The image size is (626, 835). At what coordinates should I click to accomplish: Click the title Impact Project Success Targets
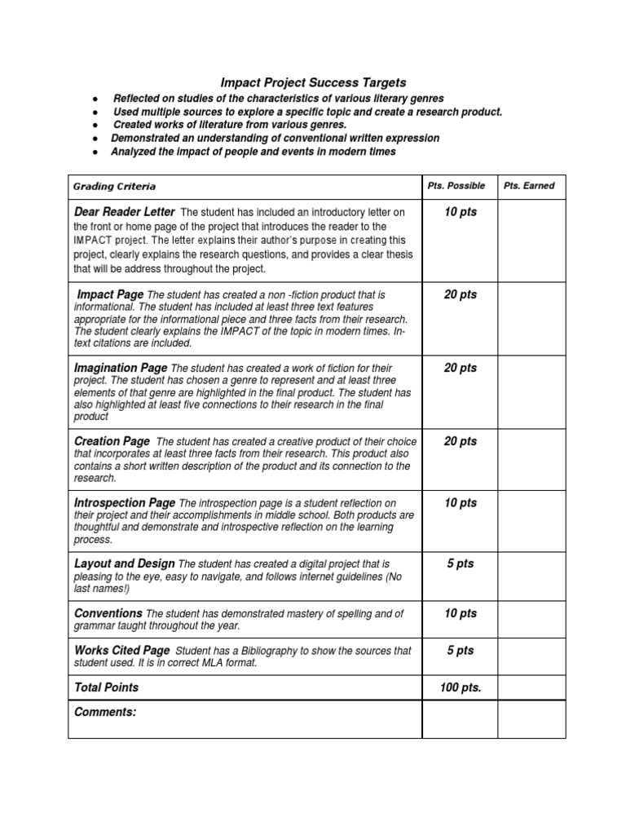point(314,82)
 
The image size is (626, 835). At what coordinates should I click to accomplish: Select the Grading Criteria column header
point(114,187)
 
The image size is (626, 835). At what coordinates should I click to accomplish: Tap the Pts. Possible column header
point(456,186)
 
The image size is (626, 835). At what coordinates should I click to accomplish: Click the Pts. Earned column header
point(528,186)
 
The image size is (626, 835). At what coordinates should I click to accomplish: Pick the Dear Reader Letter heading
point(124,212)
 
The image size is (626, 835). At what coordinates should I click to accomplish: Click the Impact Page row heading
point(110,294)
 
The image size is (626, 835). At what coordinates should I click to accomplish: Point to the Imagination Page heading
point(121,368)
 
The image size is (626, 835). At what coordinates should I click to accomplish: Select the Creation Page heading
point(112,441)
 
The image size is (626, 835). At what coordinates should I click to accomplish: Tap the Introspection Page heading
point(125,502)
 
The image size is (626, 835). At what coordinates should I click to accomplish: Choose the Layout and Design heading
point(124,563)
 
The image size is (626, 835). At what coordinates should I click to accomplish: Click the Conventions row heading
point(108,612)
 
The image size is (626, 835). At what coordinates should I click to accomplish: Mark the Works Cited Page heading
point(122,650)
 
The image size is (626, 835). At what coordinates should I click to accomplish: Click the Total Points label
point(106,687)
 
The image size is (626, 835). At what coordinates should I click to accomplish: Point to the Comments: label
point(104,712)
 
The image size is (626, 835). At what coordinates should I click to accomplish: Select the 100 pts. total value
point(461,687)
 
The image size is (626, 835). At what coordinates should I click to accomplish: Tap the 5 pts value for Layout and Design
point(460,563)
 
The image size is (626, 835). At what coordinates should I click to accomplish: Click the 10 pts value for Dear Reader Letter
point(460,212)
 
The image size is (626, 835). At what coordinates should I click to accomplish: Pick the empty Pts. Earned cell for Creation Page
point(531,460)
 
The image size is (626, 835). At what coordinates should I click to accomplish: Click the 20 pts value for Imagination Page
point(460,368)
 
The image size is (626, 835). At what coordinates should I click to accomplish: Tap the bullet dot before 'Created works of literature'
point(95,125)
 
